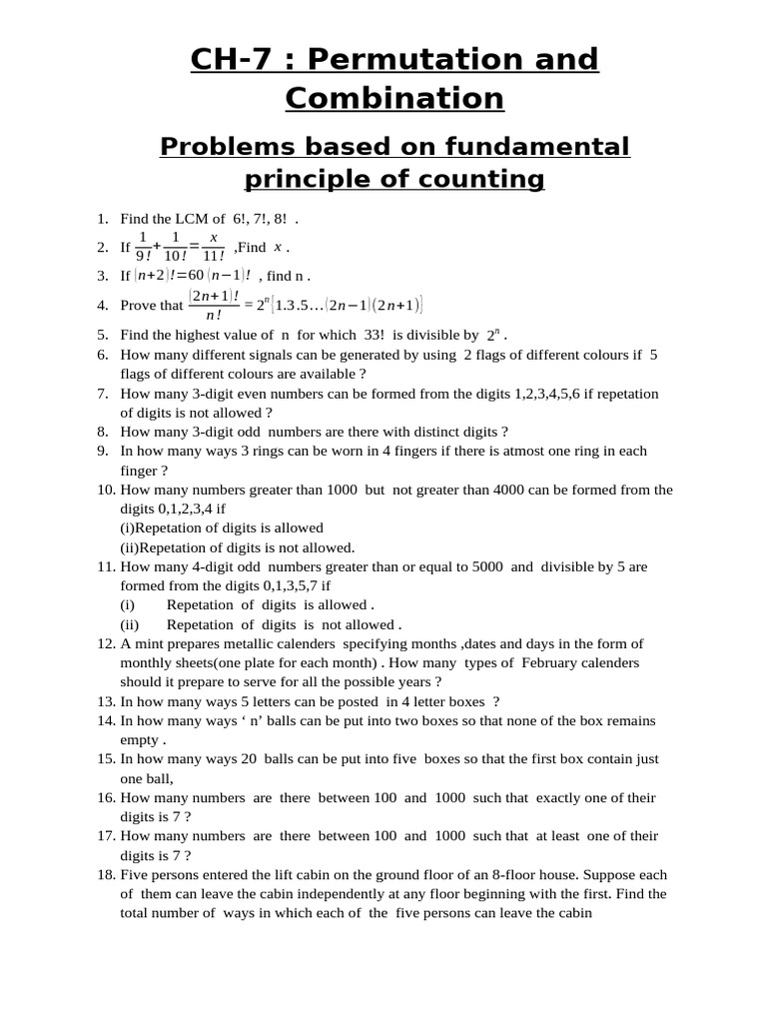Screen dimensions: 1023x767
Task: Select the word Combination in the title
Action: click(394, 99)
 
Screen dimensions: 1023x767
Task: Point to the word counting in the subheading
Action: click(481, 180)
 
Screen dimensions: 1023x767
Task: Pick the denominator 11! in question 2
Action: click(214, 256)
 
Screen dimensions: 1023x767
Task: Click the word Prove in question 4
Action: click(140, 306)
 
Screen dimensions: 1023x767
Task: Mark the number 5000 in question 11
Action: click(481, 566)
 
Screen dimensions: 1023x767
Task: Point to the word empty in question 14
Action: click(139, 739)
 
